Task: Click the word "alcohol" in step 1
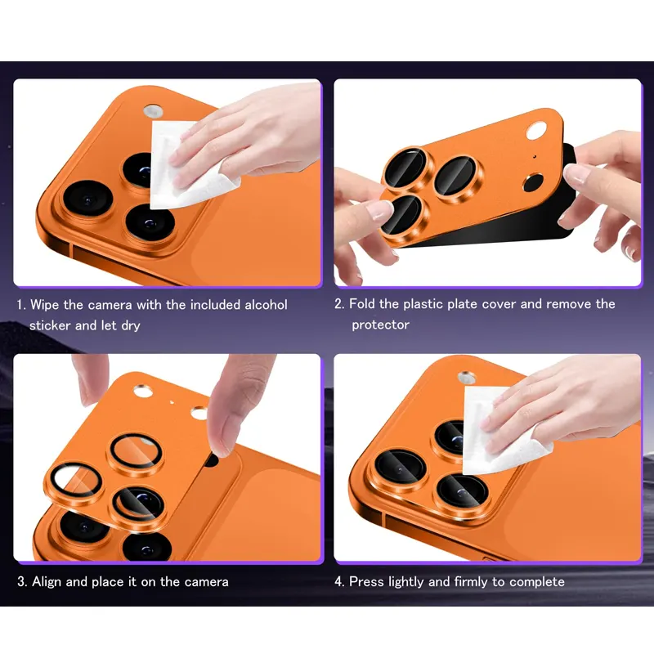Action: coord(266,305)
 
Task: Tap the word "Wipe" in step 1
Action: coord(44,305)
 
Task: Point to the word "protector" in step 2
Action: coord(380,325)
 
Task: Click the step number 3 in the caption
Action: coord(21,582)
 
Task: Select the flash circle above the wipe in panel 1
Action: coord(153,111)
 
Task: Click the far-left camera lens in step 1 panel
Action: coord(88,199)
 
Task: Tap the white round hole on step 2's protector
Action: coord(536,130)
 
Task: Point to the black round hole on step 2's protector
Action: coord(534,182)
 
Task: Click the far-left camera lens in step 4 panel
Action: coord(400,468)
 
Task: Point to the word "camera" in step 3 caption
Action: coord(207,582)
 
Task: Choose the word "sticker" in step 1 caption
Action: coord(50,325)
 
